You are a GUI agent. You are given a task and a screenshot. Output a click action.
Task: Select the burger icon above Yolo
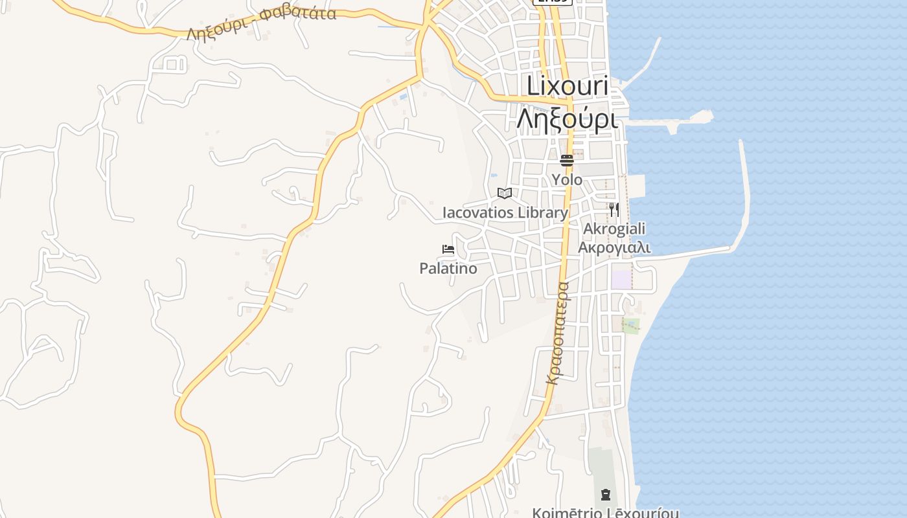(567, 160)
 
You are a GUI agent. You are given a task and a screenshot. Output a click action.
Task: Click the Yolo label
(567, 179)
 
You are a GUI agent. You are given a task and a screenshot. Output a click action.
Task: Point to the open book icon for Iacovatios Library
(505, 193)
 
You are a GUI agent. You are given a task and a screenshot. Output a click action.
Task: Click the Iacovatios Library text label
(505, 212)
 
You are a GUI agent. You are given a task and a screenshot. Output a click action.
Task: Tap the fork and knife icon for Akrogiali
(614, 210)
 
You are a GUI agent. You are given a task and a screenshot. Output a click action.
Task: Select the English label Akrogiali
(614, 229)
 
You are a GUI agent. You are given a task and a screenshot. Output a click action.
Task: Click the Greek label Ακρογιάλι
(614, 247)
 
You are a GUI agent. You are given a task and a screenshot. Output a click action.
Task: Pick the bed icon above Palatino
(448, 249)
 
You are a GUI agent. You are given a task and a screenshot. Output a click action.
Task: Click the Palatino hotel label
(448, 268)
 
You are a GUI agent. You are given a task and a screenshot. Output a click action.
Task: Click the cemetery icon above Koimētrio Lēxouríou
(606, 495)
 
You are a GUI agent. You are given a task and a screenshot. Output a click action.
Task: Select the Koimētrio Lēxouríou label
(606, 513)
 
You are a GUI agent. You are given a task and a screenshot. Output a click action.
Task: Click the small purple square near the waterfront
(621, 280)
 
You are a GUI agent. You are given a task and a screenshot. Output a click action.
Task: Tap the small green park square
(630, 325)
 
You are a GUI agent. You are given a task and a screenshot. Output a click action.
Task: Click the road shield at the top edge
(552, 2)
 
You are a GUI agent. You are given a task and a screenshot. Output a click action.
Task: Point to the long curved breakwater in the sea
(746, 194)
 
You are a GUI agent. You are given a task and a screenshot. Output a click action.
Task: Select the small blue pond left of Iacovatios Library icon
(492, 175)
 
